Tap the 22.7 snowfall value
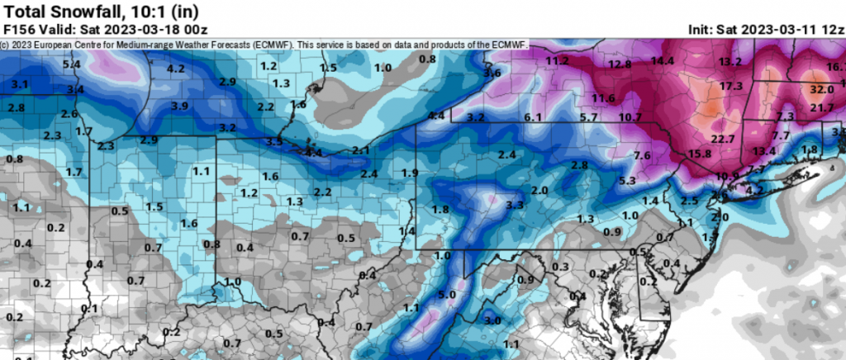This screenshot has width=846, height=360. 723,138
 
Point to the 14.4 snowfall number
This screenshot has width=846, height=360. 662,60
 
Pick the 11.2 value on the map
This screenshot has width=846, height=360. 557,60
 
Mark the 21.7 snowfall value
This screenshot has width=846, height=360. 822,108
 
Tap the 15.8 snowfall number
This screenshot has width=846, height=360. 700,154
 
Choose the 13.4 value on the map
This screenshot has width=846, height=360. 764,150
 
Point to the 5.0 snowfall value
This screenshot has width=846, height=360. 447,295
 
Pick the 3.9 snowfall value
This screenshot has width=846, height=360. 179,106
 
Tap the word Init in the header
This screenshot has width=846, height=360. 701,30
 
